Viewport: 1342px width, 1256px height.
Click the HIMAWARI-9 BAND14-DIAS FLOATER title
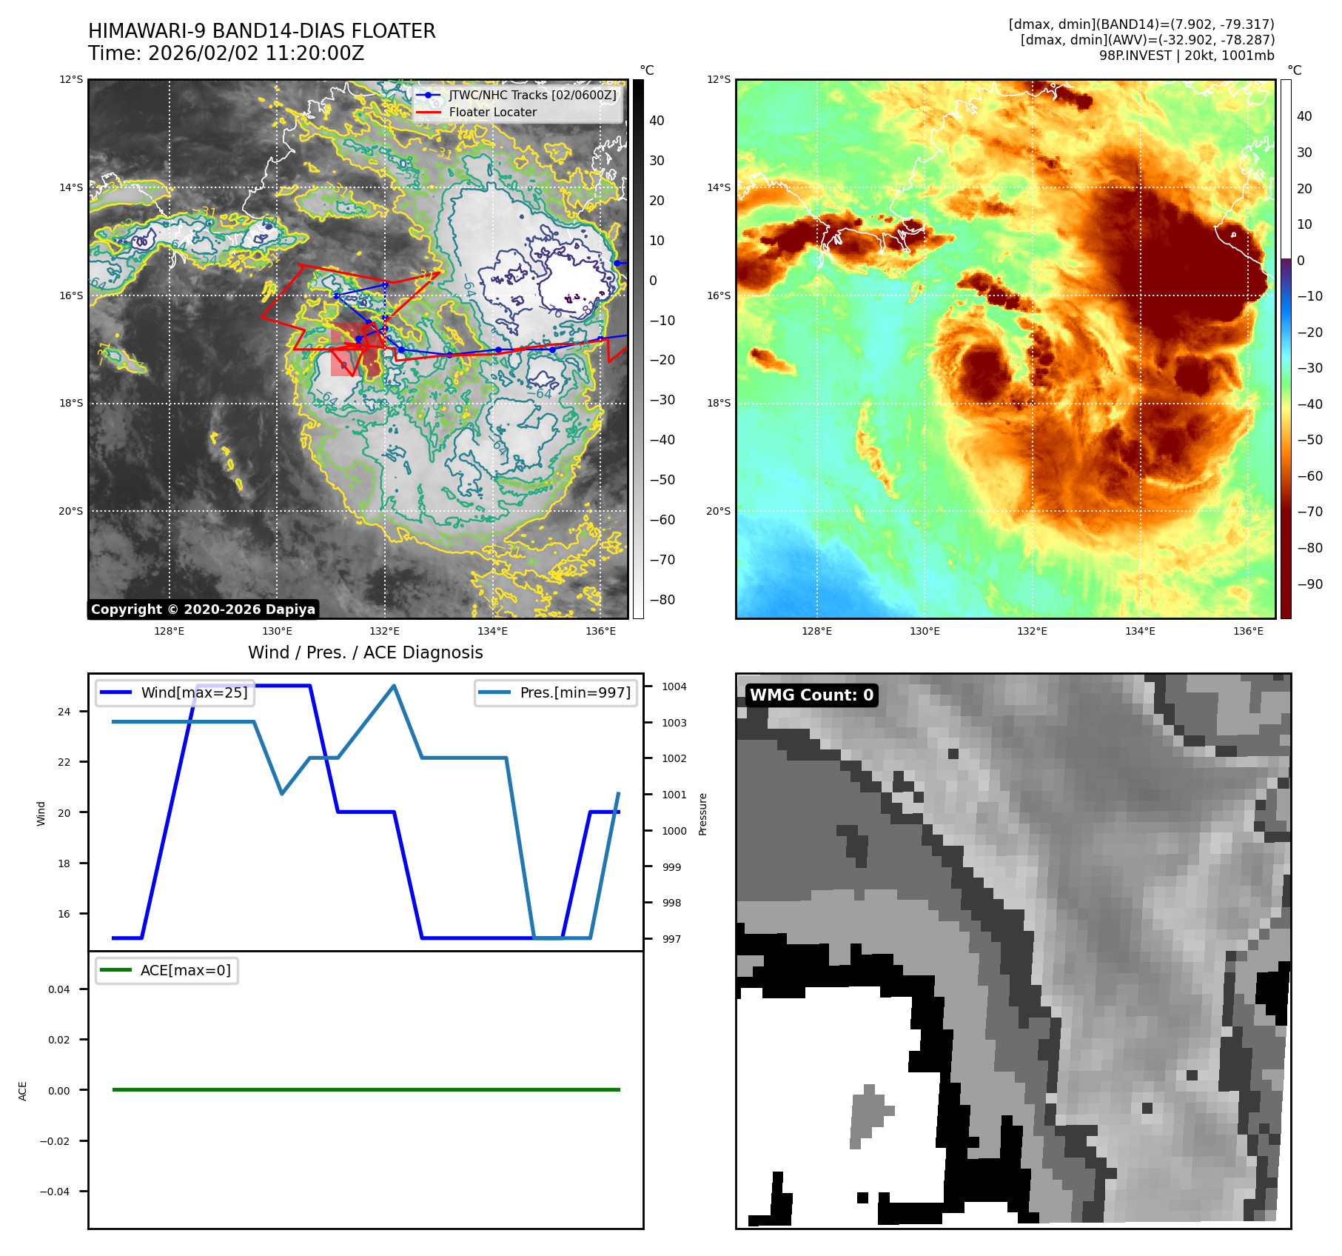click(x=262, y=31)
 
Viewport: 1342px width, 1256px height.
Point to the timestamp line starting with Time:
click(x=227, y=53)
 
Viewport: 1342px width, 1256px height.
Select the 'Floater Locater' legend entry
click(x=492, y=112)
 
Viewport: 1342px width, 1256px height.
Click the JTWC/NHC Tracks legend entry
click(x=532, y=95)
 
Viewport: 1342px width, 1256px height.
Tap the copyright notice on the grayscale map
click(x=203, y=609)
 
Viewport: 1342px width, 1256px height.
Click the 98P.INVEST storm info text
click(x=1187, y=55)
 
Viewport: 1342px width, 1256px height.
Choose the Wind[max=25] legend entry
click(x=194, y=692)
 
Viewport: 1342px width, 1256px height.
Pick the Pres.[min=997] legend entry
click(x=575, y=692)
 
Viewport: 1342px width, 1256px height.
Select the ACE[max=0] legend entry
click(x=185, y=970)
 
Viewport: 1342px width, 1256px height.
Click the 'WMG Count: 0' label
click(x=811, y=695)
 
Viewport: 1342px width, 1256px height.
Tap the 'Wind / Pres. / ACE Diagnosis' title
click(x=365, y=652)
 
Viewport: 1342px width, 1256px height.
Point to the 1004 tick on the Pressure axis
click(x=674, y=687)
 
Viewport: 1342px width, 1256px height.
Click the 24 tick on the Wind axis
click(x=64, y=712)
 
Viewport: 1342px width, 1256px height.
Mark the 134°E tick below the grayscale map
click(x=492, y=631)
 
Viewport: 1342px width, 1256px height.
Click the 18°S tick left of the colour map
click(x=718, y=404)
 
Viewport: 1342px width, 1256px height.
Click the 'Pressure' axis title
click(x=703, y=814)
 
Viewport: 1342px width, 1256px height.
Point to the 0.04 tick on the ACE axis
click(x=59, y=989)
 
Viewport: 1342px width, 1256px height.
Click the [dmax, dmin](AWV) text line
click(x=1147, y=40)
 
